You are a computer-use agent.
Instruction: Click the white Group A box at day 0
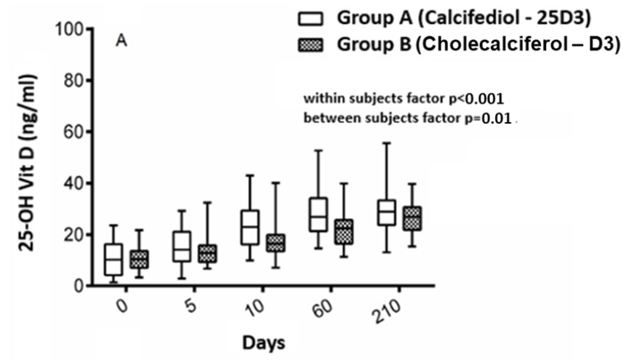tap(113, 260)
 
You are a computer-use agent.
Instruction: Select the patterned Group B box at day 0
tap(139, 260)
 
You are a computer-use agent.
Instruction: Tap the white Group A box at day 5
tap(182, 247)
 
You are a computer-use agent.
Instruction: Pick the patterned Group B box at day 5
tap(208, 254)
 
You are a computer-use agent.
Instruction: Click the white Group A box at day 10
tap(250, 228)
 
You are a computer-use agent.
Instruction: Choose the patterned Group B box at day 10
tap(276, 243)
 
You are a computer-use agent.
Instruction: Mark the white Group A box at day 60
tap(318, 215)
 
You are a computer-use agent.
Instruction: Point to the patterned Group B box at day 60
tap(345, 232)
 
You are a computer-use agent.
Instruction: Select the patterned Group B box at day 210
tap(413, 218)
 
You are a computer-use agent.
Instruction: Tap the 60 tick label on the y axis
tap(73, 132)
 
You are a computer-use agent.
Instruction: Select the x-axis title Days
tap(263, 342)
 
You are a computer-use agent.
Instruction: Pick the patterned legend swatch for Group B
tap(310, 44)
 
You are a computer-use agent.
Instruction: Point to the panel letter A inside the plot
tap(121, 41)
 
